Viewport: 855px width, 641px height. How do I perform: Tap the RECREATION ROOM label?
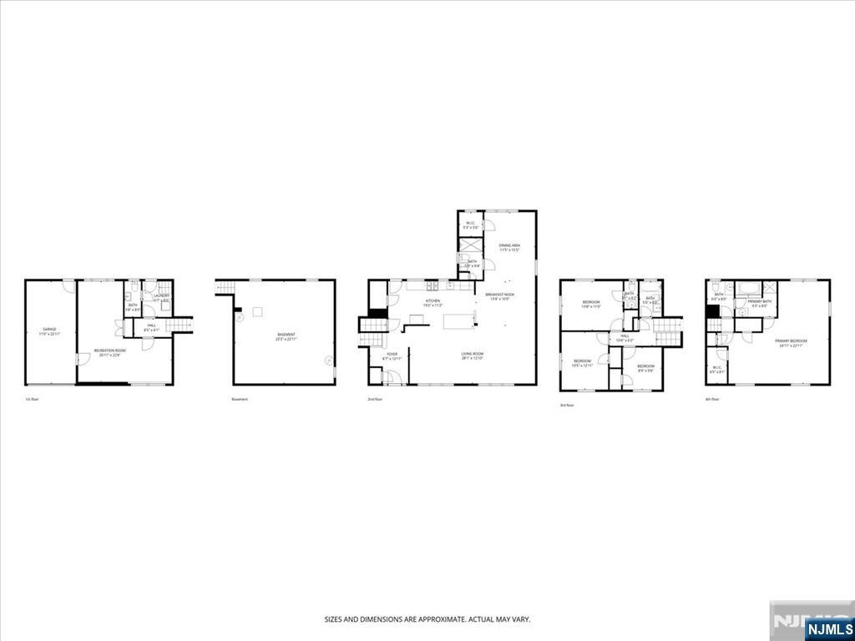109,351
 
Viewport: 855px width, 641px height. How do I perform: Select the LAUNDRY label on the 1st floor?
161,295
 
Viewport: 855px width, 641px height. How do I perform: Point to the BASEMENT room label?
286,335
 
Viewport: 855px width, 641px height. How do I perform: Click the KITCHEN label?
433,300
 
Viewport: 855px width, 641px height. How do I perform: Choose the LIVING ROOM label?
473,355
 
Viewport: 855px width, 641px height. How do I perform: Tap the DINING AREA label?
509,245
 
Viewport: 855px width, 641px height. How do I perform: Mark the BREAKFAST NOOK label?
499,294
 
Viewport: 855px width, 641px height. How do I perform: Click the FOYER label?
392,355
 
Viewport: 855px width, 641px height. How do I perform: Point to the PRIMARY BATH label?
760,301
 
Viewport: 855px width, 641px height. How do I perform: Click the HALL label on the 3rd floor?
625,337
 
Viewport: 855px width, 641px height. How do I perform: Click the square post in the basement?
258,312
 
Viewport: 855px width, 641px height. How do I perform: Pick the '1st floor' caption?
32,400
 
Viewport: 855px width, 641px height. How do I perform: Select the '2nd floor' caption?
375,400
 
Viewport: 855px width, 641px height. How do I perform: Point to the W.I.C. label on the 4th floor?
716,368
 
